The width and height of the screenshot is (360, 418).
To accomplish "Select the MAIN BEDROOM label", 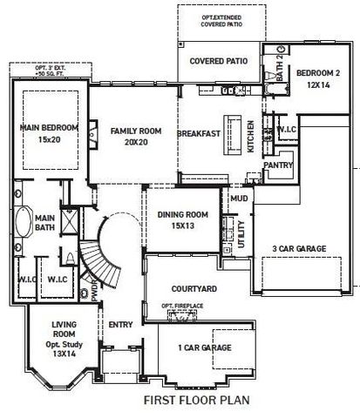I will click(x=49, y=133).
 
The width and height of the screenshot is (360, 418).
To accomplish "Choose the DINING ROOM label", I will click(x=182, y=220).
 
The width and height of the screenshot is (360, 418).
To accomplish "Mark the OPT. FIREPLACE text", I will click(x=183, y=307).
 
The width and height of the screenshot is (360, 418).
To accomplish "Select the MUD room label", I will click(x=239, y=199).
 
